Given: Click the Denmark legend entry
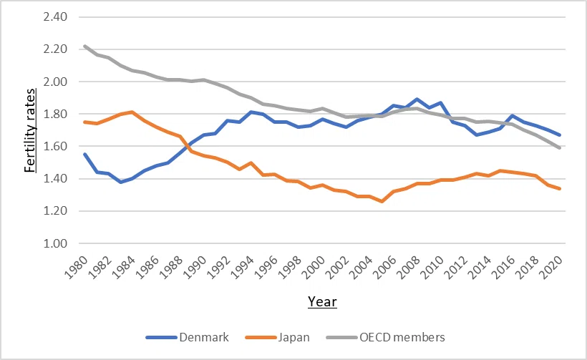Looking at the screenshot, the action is click(187, 337).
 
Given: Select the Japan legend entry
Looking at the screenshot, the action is click(278, 337).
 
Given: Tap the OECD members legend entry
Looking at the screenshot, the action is click(386, 337).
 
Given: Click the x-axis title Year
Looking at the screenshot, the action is click(322, 301).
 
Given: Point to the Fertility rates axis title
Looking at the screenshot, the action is click(30, 130).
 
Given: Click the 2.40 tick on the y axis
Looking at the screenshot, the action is click(55, 17).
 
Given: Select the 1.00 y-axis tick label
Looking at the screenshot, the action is click(55, 243).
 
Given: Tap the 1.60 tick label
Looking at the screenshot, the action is click(55, 146).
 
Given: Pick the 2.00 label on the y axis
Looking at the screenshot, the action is click(55, 82).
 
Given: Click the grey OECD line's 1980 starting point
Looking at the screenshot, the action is click(85, 46).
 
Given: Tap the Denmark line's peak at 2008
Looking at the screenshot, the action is click(417, 99).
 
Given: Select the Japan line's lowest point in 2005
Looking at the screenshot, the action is click(382, 201).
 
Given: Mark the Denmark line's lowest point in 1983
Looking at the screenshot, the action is click(120, 182).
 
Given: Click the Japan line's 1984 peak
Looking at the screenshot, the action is click(132, 112).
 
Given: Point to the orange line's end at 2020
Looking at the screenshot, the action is click(559, 189).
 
